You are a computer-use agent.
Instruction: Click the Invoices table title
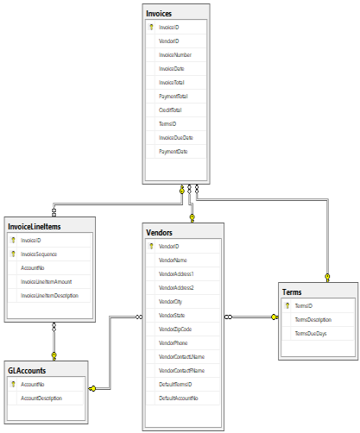(159, 13)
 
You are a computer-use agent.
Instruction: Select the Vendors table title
(160, 233)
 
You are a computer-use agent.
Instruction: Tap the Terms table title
(293, 292)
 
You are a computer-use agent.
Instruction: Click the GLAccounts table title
(28, 370)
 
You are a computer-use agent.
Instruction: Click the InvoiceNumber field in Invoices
(175, 54)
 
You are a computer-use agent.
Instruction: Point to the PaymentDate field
(173, 151)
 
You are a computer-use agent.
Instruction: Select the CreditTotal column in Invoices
(171, 110)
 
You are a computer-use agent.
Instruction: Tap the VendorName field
(174, 260)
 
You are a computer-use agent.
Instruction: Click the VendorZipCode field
(175, 329)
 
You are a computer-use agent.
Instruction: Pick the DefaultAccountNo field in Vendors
(178, 398)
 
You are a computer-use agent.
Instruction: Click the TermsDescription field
(313, 319)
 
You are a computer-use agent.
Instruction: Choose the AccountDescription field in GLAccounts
(41, 398)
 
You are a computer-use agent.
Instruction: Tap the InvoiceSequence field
(39, 254)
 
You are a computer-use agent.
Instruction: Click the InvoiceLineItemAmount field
(46, 282)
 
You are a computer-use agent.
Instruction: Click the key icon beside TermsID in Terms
(287, 305)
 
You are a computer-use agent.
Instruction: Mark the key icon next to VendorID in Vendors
(152, 246)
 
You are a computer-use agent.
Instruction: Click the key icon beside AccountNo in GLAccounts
(13, 385)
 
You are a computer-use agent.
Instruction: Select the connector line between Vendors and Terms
(251, 317)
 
